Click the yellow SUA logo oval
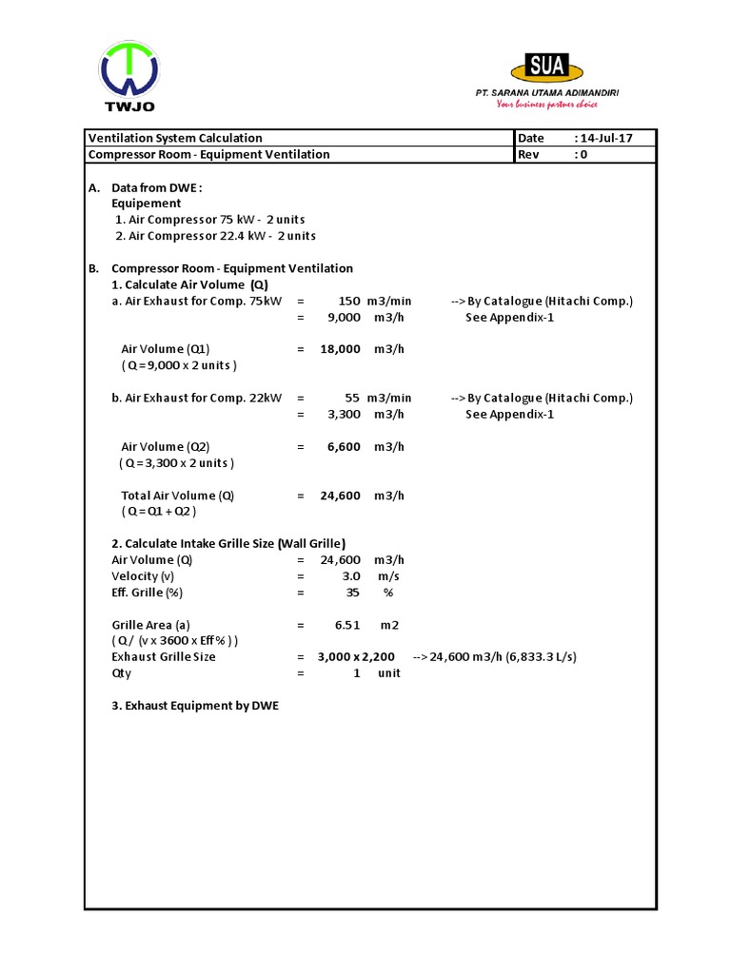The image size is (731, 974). (x=548, y=68)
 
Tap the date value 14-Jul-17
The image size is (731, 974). (x=606, y=138)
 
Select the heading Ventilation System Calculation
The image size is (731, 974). (x=175, y=138)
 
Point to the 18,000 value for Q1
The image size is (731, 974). (x=341, y=349)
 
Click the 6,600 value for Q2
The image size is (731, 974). (x=344, y=446)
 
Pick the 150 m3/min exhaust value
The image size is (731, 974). (x=349, y=301)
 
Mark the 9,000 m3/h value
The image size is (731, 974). (x=344, y=317)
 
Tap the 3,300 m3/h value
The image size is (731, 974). (x=344, y=414)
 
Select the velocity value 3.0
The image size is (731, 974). (x=351, y=576)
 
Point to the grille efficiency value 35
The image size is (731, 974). (x=353, y=593)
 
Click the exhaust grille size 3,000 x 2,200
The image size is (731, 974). (x=356, y=656)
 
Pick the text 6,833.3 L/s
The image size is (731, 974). (x=541, y=656)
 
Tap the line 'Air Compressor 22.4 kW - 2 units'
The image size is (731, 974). (x=216, y=236)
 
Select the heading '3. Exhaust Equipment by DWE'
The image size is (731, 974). (x=195, y=706)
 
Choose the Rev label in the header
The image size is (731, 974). (x=528, y=154)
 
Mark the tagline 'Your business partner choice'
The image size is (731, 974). (x=547, y=104)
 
